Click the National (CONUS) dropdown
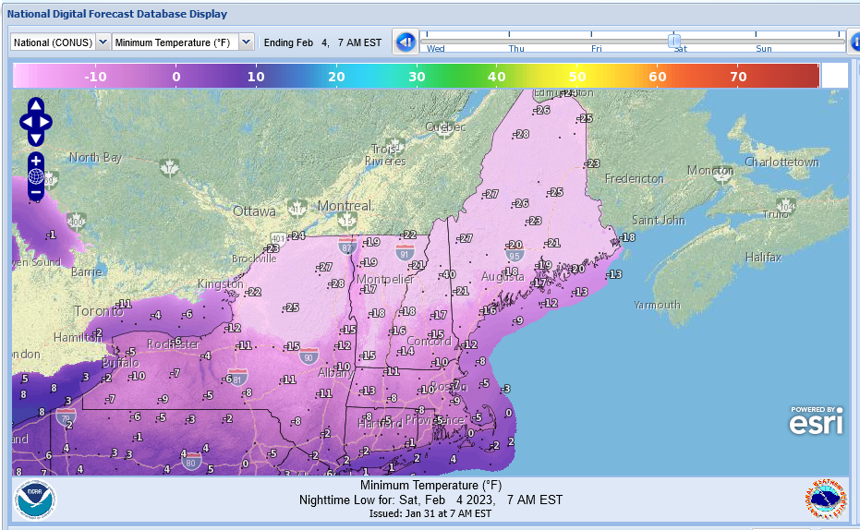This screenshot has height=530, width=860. click(60, 42)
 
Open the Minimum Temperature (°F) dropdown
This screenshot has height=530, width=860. click(183, 42)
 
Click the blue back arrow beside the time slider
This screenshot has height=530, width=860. click(405, 42)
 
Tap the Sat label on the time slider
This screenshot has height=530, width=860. click(680, 49)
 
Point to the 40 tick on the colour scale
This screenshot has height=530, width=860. click(497, 77)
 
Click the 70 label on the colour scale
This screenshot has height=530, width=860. click(738, 77)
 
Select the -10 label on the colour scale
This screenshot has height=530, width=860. click(95, 77)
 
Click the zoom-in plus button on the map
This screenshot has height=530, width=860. click(36, 161)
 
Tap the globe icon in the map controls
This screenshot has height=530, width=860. click(36, 176)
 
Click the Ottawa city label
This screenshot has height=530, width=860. click(254, 211)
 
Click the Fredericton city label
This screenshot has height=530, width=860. click(634, 178)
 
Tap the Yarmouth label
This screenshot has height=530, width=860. click(657, 305)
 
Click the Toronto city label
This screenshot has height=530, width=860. click(98, 311)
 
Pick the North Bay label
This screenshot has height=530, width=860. click(95, 158)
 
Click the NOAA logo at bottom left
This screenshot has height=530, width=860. click(35, 500)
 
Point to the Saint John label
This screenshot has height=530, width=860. click(659, 220)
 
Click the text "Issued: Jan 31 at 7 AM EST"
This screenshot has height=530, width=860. click(430, 513)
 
